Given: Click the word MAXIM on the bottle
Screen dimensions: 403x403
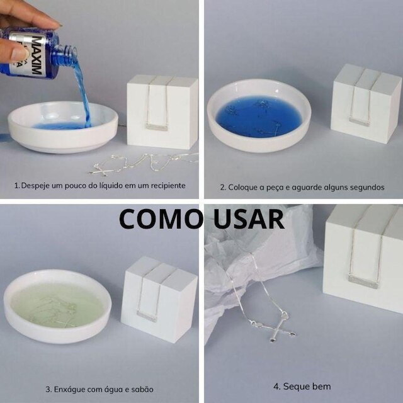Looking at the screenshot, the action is point(37,56).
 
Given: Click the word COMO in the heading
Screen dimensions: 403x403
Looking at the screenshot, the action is point(160,219).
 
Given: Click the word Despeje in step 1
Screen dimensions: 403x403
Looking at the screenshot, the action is point(35,186).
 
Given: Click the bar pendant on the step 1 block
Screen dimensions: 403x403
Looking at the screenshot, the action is point(157,127).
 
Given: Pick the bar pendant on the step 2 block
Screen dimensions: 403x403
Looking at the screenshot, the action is point(360,122).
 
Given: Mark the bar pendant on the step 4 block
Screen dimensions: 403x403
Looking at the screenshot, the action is point(363,281).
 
